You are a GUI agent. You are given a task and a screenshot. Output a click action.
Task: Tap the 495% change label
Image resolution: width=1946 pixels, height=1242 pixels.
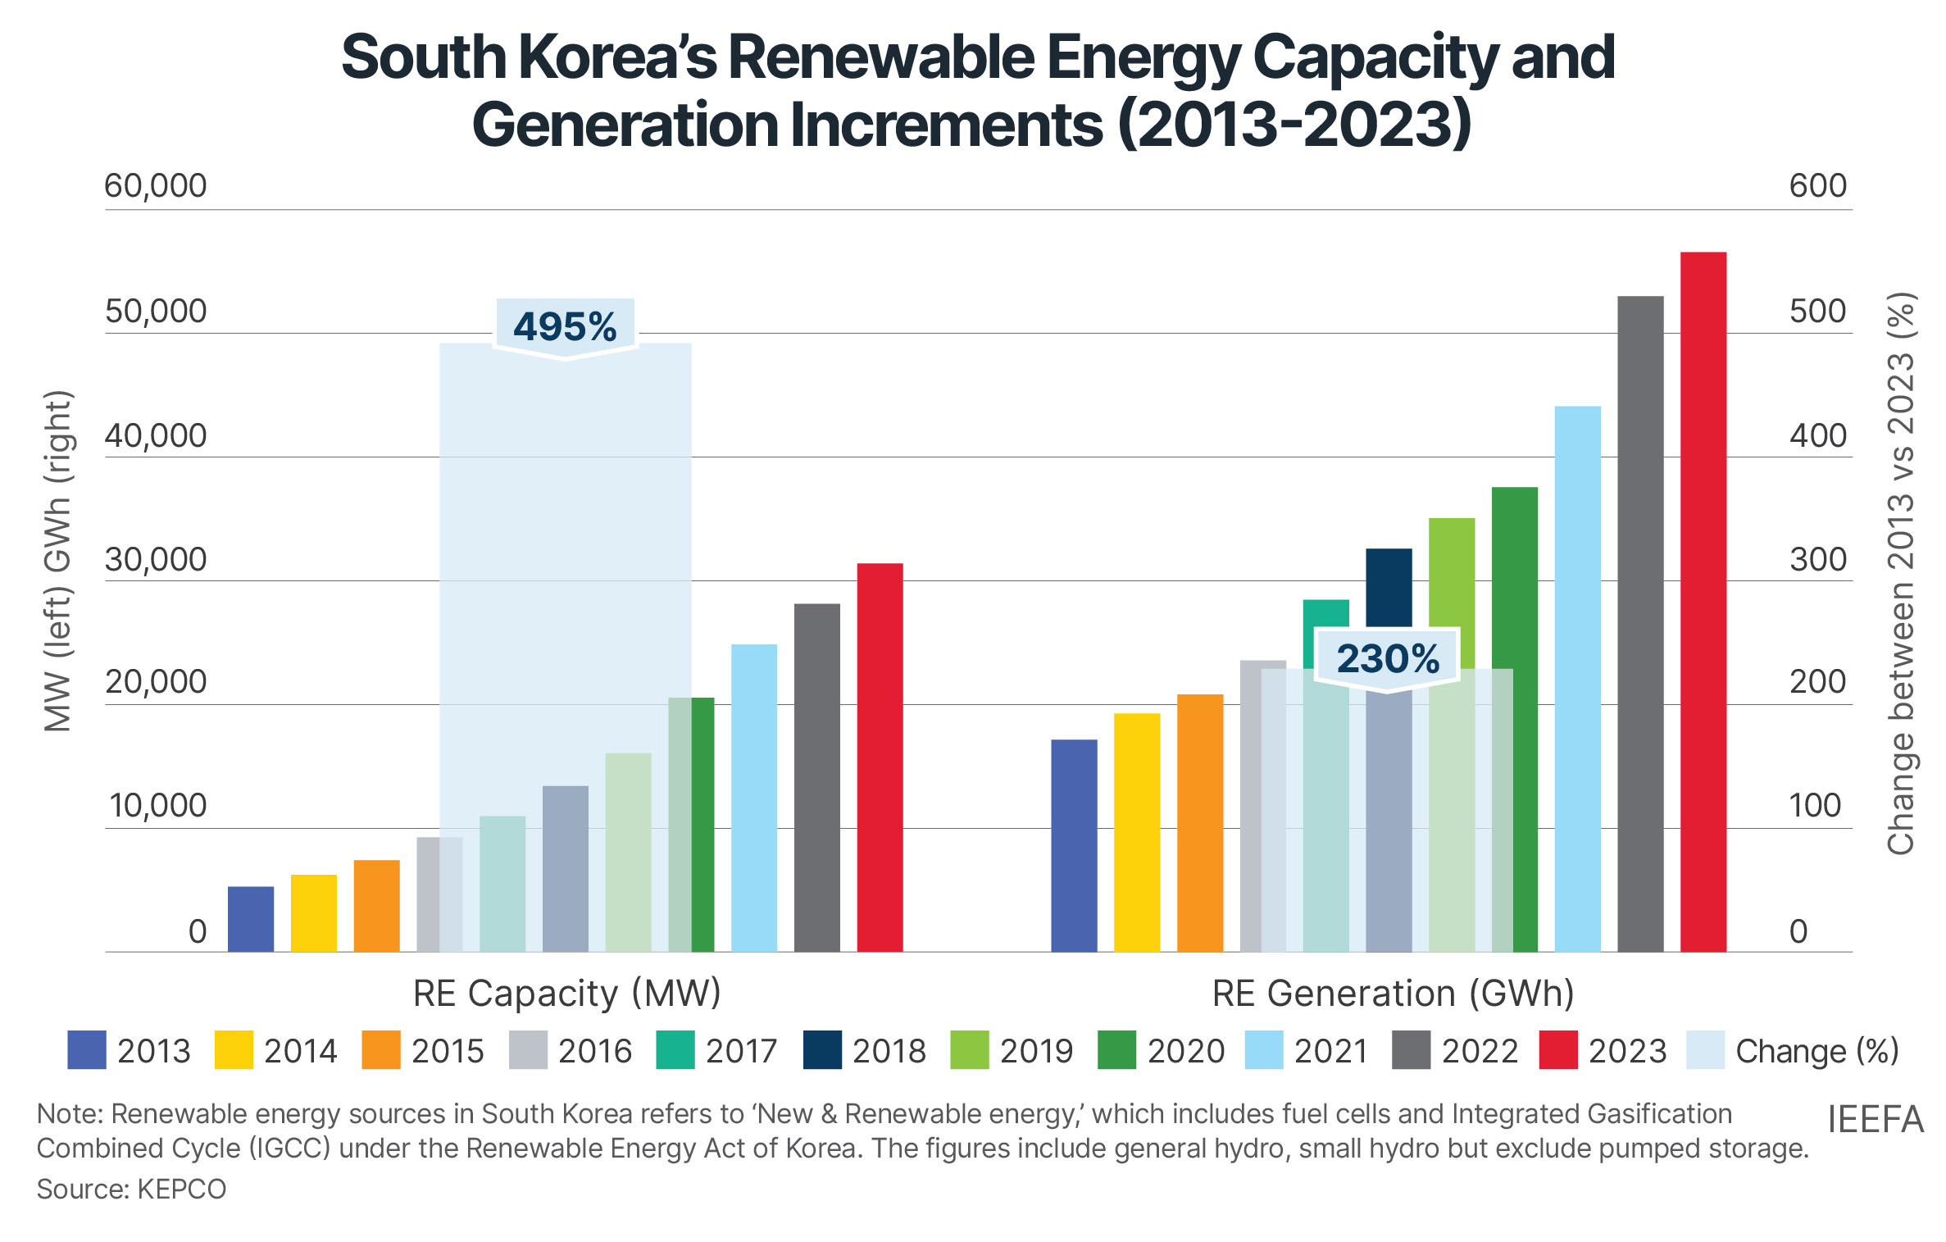coord(565,326)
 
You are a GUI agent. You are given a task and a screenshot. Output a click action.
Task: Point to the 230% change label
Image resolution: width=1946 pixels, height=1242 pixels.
coord(1387,658)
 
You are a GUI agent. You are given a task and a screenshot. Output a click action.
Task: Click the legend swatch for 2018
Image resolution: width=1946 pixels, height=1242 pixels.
coord(822,1050)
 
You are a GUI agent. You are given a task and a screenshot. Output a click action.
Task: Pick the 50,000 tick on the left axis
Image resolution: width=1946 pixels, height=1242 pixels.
coord(156,312)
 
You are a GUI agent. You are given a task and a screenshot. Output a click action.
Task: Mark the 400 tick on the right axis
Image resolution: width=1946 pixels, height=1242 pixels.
coord(1817,435)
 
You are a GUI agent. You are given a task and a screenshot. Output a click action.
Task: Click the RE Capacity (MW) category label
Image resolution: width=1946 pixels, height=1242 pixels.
coord(566,993)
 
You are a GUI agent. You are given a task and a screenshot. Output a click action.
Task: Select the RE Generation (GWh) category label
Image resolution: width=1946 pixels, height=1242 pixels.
coord(1393,993)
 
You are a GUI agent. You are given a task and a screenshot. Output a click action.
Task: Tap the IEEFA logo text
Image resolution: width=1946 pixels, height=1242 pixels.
coord(1875,1119)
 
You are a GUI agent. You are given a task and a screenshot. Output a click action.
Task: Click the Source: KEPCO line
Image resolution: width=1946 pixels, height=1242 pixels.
coord(131,1189)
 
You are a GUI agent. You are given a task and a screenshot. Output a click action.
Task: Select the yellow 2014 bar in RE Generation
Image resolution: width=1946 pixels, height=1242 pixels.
coord(1137,832)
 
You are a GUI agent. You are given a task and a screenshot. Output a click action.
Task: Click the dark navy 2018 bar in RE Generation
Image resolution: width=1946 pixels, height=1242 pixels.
coord(1389,586)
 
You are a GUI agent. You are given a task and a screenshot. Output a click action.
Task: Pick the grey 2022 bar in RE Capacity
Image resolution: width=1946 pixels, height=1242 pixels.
coord(817,777)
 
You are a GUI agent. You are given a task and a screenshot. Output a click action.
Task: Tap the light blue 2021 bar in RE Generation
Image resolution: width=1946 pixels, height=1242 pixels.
coord(1577,679)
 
